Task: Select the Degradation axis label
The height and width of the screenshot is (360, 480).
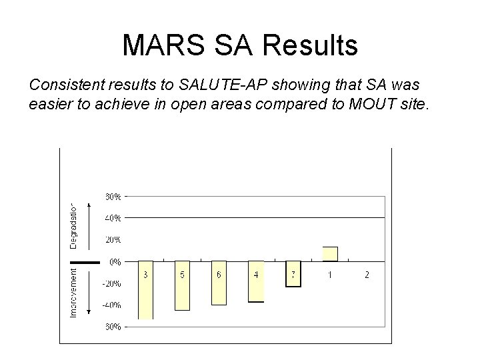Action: [x=74, y=225]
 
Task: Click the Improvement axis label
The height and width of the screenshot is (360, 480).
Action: [x=74, y=291]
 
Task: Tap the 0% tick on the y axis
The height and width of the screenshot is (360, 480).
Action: [x=115, y=262]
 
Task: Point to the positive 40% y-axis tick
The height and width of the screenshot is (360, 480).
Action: [x=113, y=217]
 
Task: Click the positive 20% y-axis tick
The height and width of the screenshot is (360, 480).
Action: [x=113, y=239]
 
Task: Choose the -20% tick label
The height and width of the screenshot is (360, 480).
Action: [x=111, y=283]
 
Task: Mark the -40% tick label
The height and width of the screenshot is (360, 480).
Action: [x=111, y=305]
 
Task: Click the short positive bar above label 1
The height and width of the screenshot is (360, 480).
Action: [x=329, y=254]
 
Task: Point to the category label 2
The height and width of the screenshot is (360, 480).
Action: [x=366, y=275]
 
